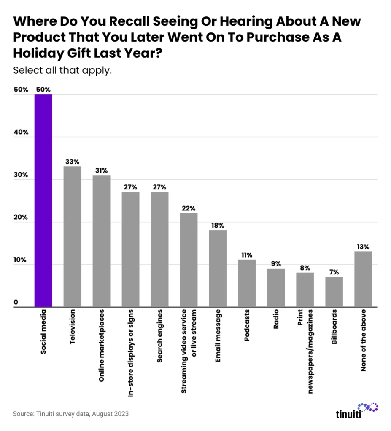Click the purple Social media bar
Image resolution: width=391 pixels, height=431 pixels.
point(43,201)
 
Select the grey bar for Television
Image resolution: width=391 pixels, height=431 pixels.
point(72,237)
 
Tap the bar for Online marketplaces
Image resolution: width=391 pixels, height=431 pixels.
point(101,241)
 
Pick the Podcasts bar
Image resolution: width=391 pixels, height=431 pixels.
point(247,283)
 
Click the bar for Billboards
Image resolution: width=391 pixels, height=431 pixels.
point(334,292)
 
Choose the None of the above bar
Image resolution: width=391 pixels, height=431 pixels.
point(363,279)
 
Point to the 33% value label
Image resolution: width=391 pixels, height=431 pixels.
point(72,161)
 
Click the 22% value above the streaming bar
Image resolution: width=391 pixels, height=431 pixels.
point(189,208)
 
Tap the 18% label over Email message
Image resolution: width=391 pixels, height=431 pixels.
point(218,225)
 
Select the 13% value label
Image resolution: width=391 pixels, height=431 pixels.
point(363,246)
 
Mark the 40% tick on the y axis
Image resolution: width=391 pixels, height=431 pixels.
point(21,133)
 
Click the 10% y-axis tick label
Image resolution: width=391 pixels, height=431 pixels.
point(21,260)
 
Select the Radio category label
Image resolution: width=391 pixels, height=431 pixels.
point(276,321)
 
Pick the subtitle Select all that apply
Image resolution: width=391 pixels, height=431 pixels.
point(62,70)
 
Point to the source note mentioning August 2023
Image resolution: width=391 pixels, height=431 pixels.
point(70,414)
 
